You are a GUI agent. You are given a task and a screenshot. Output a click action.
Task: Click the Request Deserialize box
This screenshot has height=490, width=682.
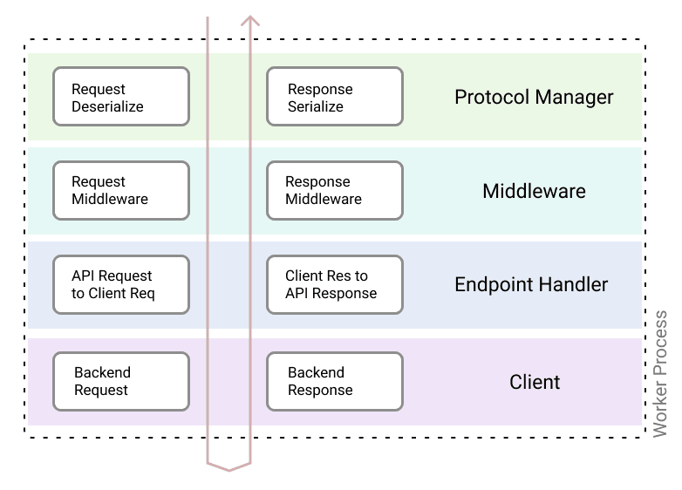120,97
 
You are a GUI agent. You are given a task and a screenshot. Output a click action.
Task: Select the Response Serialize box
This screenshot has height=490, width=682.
334,97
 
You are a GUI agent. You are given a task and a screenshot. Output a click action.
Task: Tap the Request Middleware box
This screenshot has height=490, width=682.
120,190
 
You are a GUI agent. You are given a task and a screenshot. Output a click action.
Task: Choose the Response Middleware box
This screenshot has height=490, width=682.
334,190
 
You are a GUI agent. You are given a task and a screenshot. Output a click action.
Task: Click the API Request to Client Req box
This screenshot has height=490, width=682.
120,284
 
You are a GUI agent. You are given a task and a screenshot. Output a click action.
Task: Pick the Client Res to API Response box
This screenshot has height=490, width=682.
334,284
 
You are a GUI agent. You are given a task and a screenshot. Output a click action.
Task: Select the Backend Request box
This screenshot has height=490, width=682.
120,381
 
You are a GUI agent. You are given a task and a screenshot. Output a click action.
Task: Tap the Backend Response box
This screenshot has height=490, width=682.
334,381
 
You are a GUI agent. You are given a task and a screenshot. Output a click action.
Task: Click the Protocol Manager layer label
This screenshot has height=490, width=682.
534,97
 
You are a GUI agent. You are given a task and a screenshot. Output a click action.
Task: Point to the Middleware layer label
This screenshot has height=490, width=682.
534,191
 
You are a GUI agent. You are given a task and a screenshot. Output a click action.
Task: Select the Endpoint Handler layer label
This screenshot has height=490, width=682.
531,285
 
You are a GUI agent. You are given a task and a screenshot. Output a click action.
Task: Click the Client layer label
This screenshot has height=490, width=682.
535,382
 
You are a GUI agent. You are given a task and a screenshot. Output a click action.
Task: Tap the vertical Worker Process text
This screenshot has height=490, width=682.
661,373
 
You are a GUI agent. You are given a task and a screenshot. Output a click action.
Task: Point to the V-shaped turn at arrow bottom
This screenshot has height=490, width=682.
228,468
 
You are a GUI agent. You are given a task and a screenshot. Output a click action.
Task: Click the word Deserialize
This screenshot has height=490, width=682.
107,106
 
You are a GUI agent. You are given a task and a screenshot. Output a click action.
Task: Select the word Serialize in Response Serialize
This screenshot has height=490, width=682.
316,106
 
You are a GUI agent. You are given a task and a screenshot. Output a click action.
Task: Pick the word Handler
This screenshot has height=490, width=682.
574,285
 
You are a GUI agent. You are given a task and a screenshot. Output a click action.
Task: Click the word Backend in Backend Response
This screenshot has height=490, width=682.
316,372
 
